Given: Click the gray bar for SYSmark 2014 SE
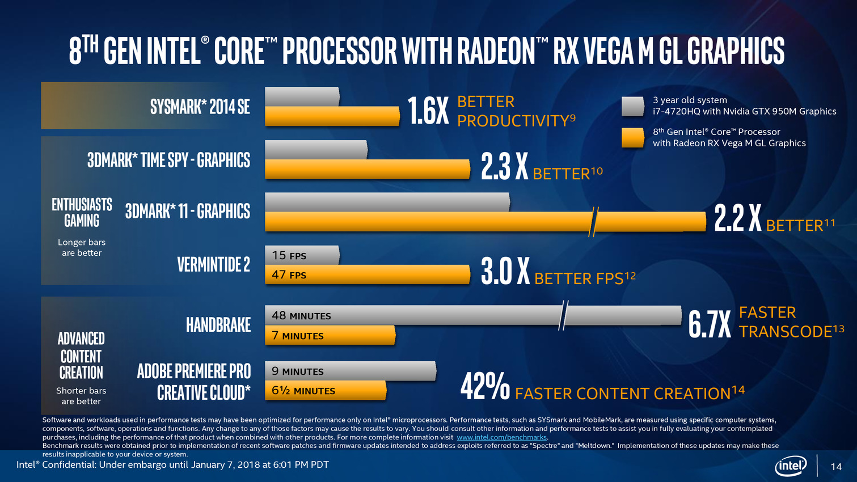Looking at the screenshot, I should (302, 96).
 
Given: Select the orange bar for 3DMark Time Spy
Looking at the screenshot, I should (367, 170).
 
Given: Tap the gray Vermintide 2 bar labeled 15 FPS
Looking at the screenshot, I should (302, 255).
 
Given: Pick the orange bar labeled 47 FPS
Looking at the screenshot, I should (367, 275).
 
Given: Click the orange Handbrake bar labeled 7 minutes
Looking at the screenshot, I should (330, 336).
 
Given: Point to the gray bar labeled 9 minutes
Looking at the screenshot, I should (350, 371).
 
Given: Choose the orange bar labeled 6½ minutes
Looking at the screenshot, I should (326, 391).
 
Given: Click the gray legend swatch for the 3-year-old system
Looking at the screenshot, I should (632, 106).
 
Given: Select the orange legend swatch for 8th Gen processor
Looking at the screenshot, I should (632, 138).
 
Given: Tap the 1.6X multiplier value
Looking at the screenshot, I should (428, 111).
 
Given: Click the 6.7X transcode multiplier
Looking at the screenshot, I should (710, 324).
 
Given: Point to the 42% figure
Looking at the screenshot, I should (484, 387).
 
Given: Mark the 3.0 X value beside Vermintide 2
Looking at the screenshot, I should (505, 271).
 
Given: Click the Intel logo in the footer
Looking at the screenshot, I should (791, 466).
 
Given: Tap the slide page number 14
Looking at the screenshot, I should (836, 467).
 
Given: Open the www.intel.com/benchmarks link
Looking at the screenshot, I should (501, 437).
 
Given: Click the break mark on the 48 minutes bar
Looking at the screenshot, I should (563, 315).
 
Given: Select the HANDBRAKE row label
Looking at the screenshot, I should (218, 325).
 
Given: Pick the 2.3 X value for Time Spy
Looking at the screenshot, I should (504, 166).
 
